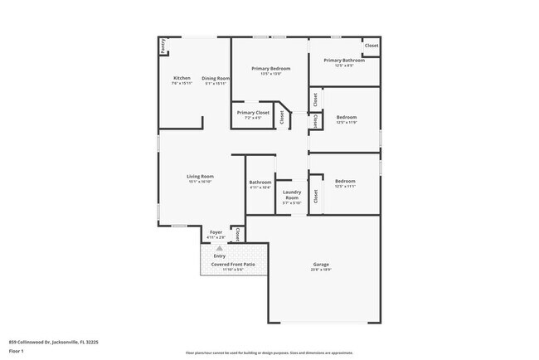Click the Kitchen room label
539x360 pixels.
[x=181, y=78]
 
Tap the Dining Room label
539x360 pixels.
[x=216, y=78]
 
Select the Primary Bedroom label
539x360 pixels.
[x=270, y=69]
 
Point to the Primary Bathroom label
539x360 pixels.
[x=344, y=61]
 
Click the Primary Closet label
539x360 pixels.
[x=253, y=112]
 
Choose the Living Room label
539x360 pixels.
[x=200, y=176]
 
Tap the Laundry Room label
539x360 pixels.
[x=292, y=195]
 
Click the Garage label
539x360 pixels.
[x=321, y=264]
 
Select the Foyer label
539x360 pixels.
[x=216, y=232]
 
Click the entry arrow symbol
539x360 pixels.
[x=220, y=248]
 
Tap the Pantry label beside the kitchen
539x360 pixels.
[x=163, y=46]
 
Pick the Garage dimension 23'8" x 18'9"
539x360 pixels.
[x=321, y=270]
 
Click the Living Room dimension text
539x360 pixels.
[x=200, y=182]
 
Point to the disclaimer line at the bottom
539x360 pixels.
[x=269, y=353]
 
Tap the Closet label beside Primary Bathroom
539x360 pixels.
[x=371, y=46]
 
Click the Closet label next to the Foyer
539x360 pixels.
[x=238, y=234]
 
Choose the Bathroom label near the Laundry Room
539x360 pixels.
[x=260, y=182]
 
